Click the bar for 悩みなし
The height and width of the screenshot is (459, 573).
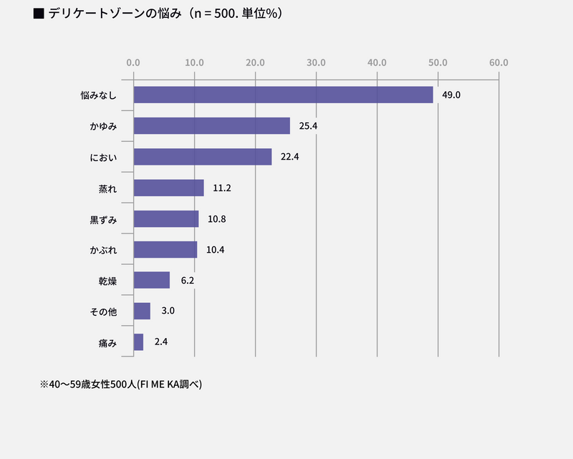pyautogui.click(x=283, y=95)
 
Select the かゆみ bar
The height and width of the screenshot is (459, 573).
pyautogui.click(x=211, y=126)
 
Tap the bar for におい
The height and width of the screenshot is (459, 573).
pyautogui.click(x=203, y=157)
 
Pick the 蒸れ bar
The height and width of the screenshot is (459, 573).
pyautogui.click(x=168, y=188)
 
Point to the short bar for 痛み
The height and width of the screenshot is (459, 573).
pyautogui.click(x=138, y=342)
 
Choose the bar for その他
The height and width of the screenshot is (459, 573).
pyautogui.click(x=142, y=311)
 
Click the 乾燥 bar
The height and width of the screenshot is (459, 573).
pyautogui.click(x=152, y=280)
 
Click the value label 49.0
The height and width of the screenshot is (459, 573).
pyautogui.click(x=451, y=95)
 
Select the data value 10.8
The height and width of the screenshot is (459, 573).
pyautogui.click(x=217, y=219)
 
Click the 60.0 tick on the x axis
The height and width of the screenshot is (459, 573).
pyautogui.click(x=499, y=62)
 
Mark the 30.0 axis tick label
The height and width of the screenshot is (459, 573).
pyautogui.click(x=316, y=62)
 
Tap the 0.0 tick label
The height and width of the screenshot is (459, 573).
pyautogui.click(x=133, y=62)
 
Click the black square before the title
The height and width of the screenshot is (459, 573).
pyautogui.click(x=39, y=14)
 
